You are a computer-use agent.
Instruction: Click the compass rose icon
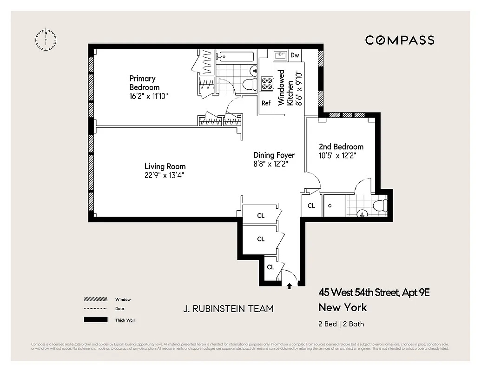tap(46, 40)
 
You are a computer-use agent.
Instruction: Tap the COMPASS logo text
tap(400, 40)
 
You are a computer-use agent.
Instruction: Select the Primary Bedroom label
tap(144, 83)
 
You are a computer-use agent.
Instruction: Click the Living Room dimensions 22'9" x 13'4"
tap(165, 175)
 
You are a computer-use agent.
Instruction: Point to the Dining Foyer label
tap(274, 155)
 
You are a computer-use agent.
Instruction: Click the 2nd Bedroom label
tap(341, 146)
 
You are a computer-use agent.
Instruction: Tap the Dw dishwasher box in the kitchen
tap(295, 55)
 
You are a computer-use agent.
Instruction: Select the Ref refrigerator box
tap(266, 103)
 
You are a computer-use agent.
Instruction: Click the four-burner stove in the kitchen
tap(267, 84)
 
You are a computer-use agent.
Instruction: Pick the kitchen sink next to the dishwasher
tap(280, 56)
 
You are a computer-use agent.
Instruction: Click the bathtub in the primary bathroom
tap(236, 57)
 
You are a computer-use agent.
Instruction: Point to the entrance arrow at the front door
tap(290, 286)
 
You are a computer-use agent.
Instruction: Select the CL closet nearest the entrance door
tap(270, 267)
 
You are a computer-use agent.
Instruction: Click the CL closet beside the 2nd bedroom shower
tap(311, 206)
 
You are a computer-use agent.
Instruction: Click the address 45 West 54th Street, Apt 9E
tap(374, 292)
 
